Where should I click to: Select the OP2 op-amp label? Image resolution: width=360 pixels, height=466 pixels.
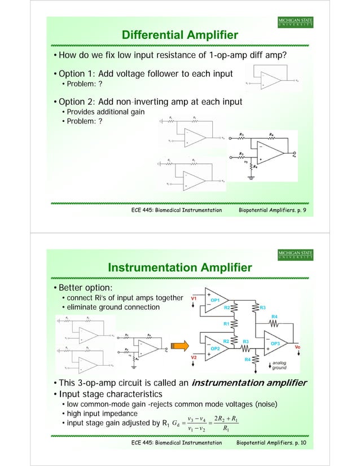pos(215,349)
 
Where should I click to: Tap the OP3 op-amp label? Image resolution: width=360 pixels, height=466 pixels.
pos(275,343)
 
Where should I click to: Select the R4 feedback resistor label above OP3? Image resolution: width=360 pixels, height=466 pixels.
pos(275,317)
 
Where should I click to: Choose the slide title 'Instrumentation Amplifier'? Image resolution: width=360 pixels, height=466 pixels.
pos(180,267)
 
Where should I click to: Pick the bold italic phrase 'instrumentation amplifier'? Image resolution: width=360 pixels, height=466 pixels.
pos(249,383)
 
